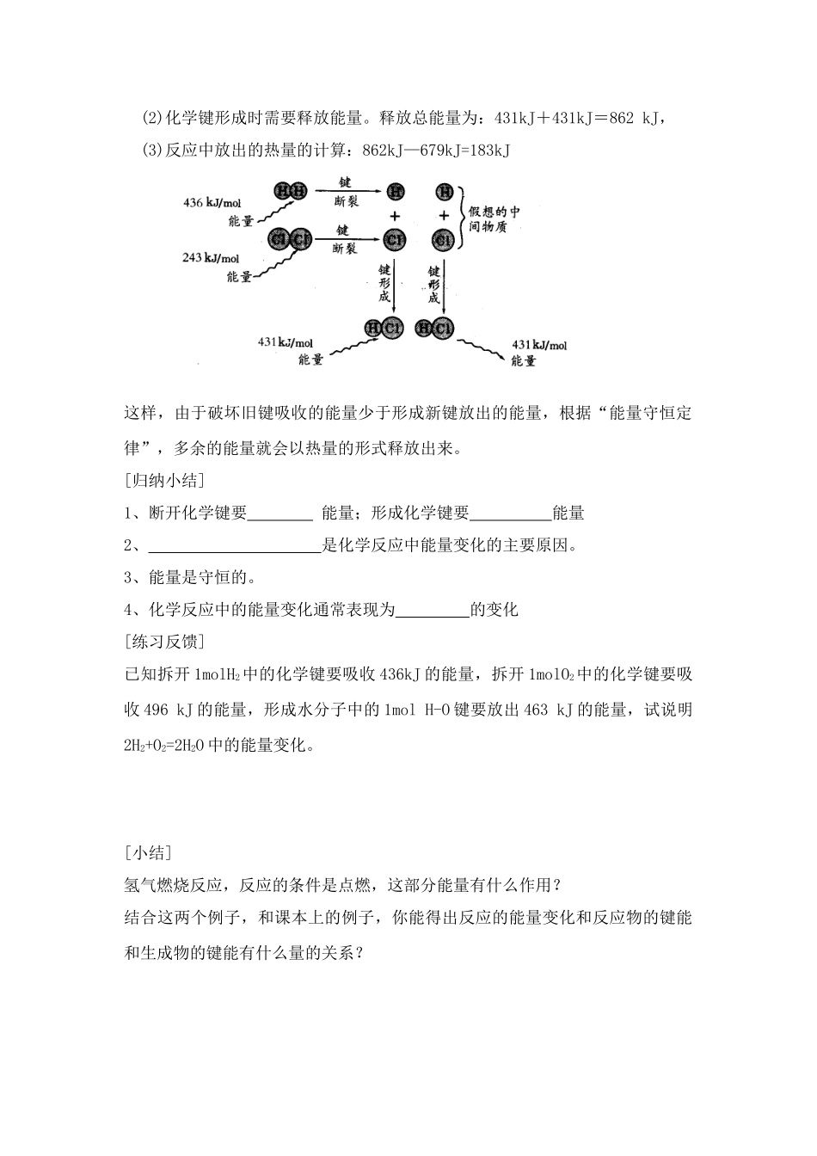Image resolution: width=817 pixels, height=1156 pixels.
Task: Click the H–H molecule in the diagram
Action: [289, 191]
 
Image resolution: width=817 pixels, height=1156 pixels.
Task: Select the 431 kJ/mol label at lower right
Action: [539, 345]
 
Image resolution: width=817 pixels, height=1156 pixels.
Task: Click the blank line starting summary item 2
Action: [234, 545]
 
